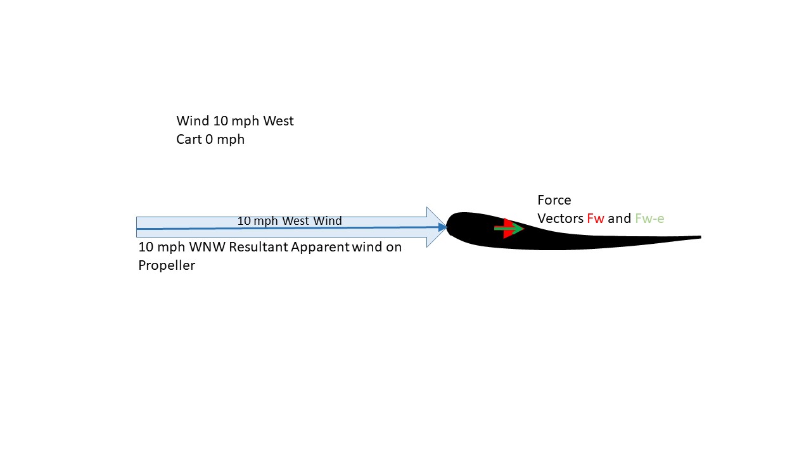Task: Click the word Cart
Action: coord(189,139)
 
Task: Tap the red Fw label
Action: coord(596,218)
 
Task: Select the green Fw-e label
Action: coord(649,218)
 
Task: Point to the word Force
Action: coord(554,200)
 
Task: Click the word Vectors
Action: coord(560,218)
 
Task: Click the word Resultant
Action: coord(259,247)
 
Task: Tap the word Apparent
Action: coord(320,247)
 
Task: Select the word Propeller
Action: coord(167,265)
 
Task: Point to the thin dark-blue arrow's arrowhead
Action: coord(442,227)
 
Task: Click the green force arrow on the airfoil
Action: coord(509,229)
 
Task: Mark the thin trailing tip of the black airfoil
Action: coord(701,237)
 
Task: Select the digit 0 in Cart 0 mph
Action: coord(209,139)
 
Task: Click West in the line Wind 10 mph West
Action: coord(278,121)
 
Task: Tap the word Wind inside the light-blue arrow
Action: coord(328,221)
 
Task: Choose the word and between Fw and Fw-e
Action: coord(620,218)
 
